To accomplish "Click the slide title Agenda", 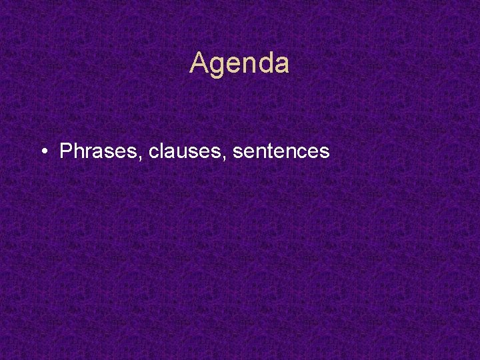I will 239,64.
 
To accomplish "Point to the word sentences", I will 281,152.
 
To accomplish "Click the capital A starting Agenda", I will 199,64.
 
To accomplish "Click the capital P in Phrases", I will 65,151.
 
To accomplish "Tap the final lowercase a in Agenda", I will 281,65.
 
